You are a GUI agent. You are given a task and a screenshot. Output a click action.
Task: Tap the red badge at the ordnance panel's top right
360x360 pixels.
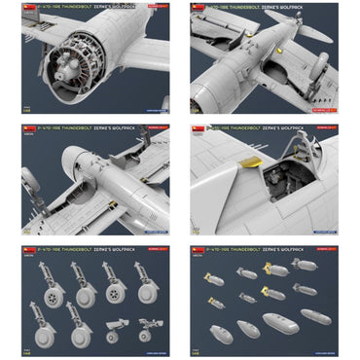tap(320, 250)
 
